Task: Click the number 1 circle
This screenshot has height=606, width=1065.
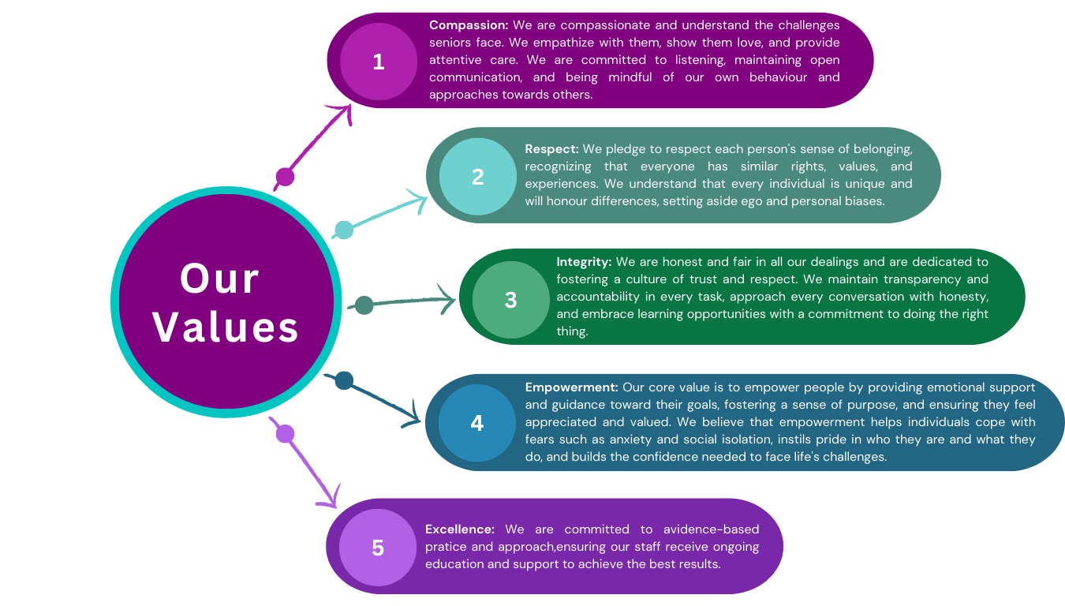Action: pyautogui.click(x=378, y=62)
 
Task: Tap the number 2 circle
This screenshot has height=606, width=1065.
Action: pyautogui.click(x=477, y=177)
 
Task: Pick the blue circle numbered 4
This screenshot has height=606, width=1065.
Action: pyautogui.click(x=476, y=423)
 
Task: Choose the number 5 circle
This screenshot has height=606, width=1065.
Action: pyautogui.click(x=378, y=548)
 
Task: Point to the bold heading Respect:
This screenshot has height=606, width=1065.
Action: pyautogui.click(x=551, y=148)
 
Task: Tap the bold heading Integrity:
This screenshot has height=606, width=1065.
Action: pyautogui.click(x=584, y=261)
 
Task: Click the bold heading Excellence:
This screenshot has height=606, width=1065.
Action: pyautogui.click(x=460, y=529)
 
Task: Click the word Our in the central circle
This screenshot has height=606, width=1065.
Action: pyautogui.click(x=219, y=279)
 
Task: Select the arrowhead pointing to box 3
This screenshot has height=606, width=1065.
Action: pyautogui.click(x=448, y=299)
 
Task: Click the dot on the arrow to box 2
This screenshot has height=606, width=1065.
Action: pyautogui.click(x=343, y=230)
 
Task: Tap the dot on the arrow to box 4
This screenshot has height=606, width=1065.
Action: pyautogui.click(x=344, y=380)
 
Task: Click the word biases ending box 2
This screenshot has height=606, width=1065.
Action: pyautogui.click(x=865, y=201)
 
